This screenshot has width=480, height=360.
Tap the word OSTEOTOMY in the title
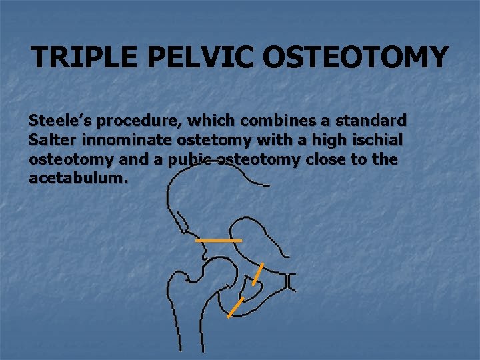point(356,57)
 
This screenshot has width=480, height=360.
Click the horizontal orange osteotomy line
point(219,240)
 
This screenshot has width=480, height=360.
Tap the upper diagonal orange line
point(258,274)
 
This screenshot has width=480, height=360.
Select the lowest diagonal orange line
point(235,307)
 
